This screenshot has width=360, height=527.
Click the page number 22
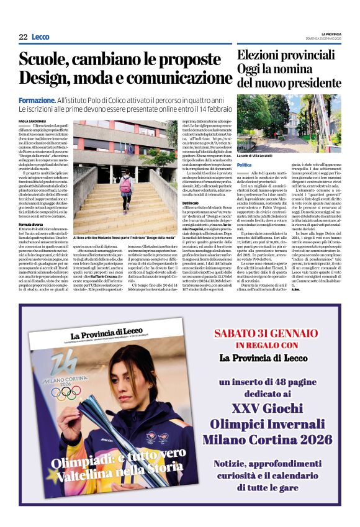(23, 37)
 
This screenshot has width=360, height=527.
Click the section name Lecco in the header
(40, 37)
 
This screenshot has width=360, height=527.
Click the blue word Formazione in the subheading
(37, 99)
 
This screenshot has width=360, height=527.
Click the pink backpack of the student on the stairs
(126, 184)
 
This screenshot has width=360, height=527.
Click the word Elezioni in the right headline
(260, 55)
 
